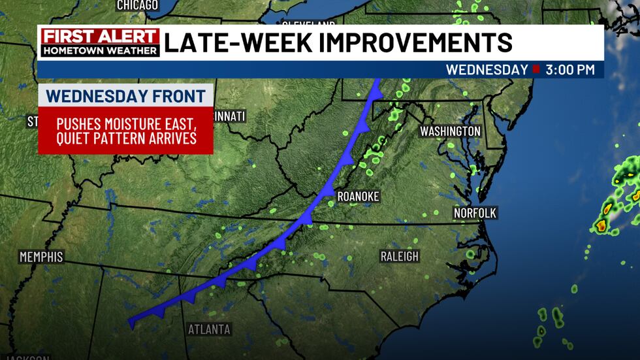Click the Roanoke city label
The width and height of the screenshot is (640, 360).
tap(357, 197)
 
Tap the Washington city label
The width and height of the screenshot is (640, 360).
tap(450, 131)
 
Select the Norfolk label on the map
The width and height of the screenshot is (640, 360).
tap(475, 213)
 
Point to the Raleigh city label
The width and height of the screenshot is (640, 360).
tap(400, 257)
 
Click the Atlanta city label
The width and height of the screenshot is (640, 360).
tap(209, 329)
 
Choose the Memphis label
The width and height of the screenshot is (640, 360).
tap(41, 257)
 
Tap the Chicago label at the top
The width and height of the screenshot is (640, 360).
tap(137, 5)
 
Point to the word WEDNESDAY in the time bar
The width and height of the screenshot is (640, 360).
tap(487, 69)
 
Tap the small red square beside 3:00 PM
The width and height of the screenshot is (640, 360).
tap(536, 69)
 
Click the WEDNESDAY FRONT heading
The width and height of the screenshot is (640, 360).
tap(125, 95)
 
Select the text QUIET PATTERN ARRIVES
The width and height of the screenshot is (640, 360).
tap(126, 139)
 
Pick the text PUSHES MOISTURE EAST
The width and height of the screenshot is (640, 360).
tap(126, 123)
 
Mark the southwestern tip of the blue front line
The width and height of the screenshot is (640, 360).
tap(131, 321)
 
